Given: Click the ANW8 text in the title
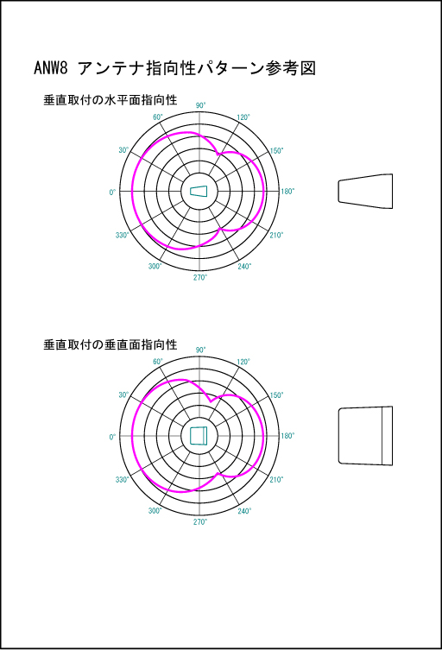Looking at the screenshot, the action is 50,67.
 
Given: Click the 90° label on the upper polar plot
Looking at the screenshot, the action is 200,105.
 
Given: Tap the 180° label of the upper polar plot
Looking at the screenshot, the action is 287,192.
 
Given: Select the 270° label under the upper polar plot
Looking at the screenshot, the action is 200,277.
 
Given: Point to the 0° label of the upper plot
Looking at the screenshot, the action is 112,192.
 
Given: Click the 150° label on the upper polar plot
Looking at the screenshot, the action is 276,150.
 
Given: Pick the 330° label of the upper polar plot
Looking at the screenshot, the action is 123,235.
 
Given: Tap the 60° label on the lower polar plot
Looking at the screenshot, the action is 158,362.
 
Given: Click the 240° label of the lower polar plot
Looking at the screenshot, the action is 244,511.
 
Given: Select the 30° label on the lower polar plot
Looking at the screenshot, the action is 123,394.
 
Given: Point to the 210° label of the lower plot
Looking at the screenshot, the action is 276,480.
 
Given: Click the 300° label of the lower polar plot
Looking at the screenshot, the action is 155,511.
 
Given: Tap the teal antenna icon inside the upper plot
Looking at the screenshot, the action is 199,191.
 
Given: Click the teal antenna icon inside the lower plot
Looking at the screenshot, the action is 199,436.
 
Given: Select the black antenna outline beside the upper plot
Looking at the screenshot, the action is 365,191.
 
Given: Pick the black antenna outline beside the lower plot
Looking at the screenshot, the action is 365,436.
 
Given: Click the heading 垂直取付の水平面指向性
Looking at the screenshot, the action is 110,100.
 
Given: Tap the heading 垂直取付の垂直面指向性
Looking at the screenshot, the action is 110,344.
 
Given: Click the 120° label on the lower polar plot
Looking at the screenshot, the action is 243,362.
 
